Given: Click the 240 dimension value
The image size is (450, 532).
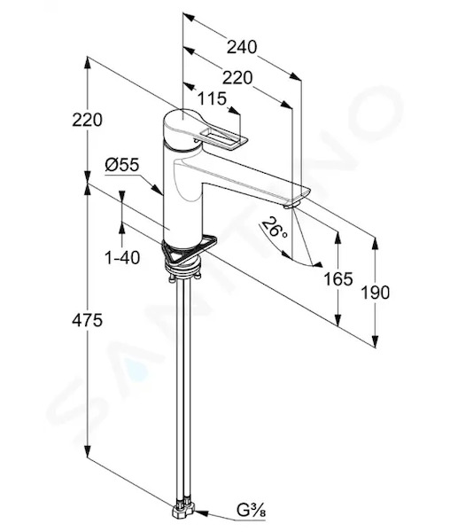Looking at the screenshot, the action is [242, 47].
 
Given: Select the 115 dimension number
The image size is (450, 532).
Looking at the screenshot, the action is [212, 98].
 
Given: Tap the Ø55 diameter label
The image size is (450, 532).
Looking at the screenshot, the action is [122, 165].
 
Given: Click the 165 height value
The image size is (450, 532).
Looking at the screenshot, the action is [338, 279].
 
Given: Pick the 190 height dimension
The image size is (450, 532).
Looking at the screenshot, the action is [375, 293].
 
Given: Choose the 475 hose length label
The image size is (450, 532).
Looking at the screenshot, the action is [87, 320].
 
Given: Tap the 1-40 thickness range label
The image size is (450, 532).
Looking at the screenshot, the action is [122, 258].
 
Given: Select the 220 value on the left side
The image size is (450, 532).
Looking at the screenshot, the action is [87, 120].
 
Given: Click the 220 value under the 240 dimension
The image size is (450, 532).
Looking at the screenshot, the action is [237, 78].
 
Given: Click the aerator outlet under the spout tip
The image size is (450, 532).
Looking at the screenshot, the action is [291, 205].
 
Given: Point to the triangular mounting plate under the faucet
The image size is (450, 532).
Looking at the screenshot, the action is [189, 250].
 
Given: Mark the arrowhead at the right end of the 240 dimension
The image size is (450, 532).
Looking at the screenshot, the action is [295, 76].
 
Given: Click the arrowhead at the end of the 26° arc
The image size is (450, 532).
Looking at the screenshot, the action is [317, 264].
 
